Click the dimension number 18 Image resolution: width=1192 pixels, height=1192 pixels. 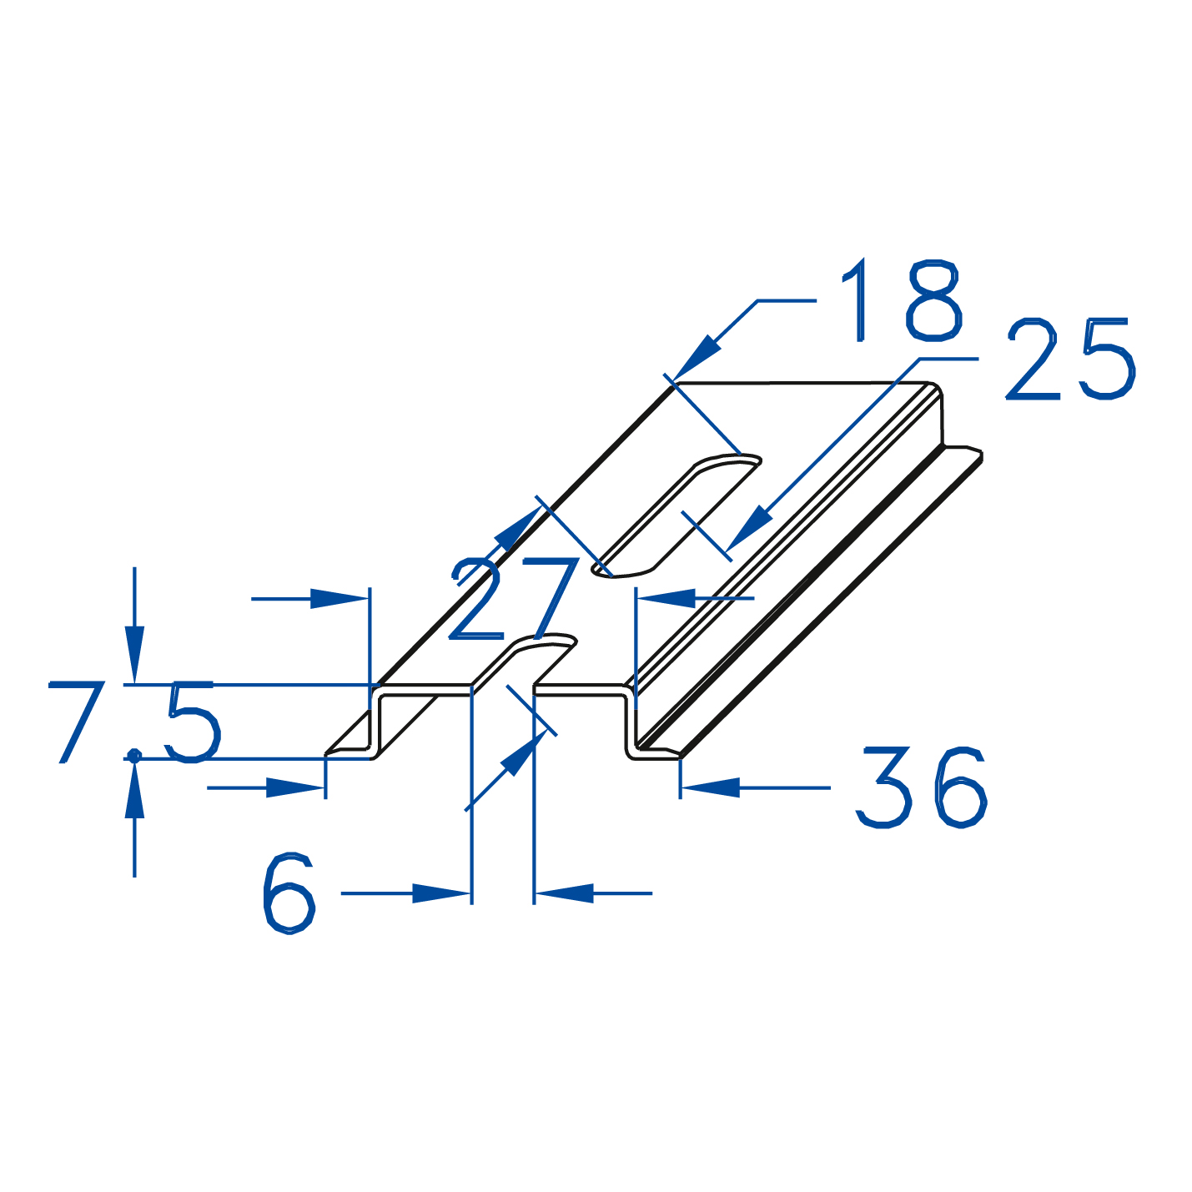901,300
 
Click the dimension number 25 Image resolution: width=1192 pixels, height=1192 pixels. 1071,359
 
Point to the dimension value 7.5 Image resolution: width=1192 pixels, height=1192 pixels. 134,722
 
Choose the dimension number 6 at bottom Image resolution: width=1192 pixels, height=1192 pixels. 289,893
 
